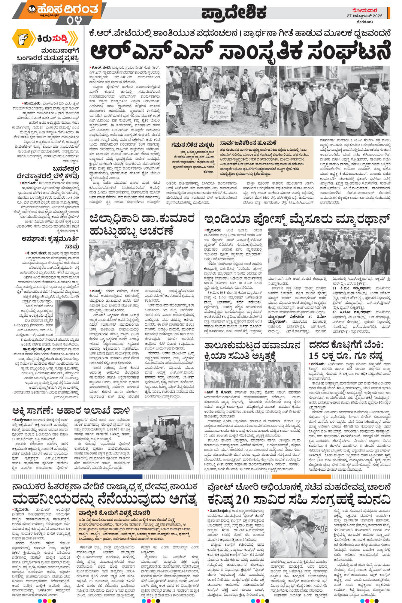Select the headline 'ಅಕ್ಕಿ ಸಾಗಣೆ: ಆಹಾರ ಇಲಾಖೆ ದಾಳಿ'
pos(71,410)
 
